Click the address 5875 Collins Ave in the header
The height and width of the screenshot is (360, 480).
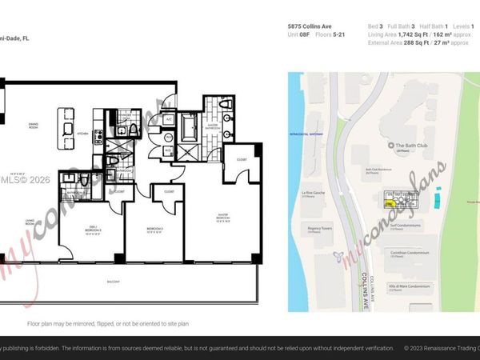[310, 26]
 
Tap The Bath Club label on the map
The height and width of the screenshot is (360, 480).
[411, 146]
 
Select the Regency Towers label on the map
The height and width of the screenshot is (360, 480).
[314, 227]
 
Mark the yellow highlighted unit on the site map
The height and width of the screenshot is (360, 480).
[390, 204]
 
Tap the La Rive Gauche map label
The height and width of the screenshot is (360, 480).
[313, 192]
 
